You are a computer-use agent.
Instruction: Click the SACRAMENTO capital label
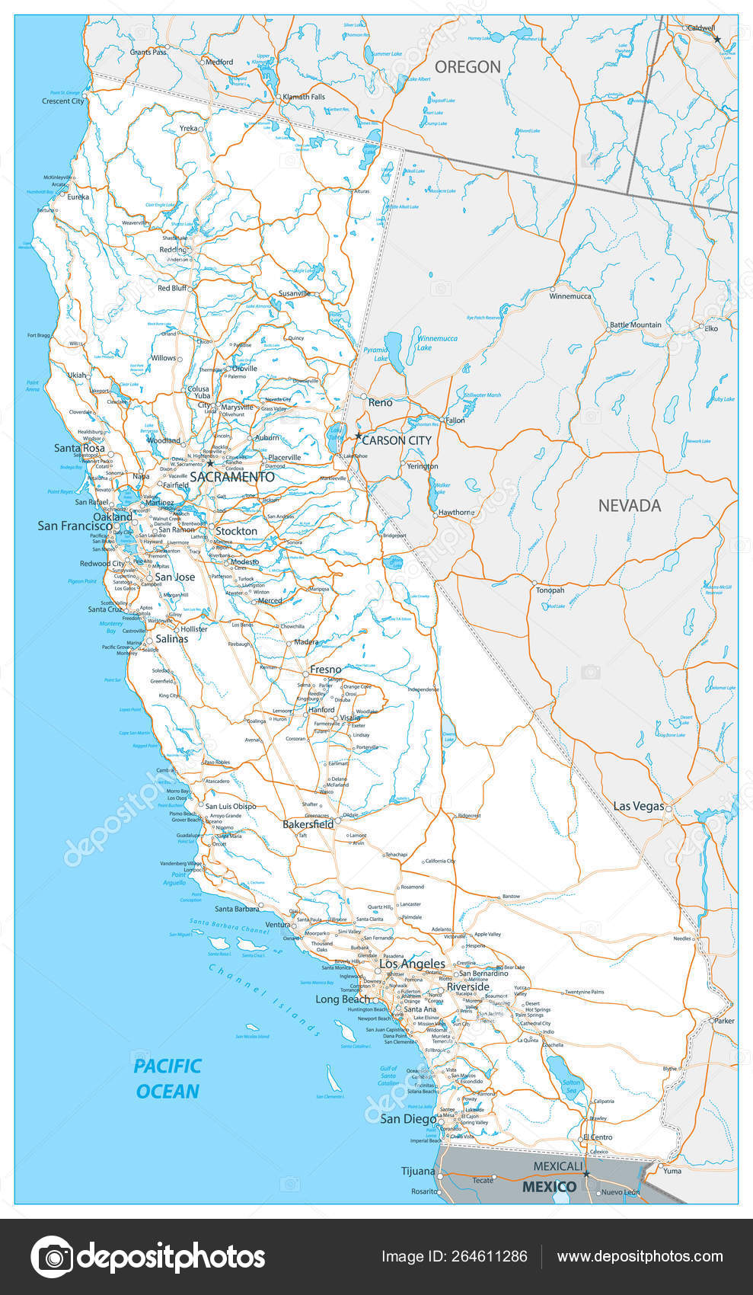(231, 477)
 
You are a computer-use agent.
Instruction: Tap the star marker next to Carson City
(358, 436)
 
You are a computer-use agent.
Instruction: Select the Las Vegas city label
(639, 806)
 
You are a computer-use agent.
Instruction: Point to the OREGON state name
(467, 67)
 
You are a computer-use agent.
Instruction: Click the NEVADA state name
(629, 505)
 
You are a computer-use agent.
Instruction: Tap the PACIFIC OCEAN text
(168, 1078)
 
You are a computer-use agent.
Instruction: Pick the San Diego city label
(408, 1119)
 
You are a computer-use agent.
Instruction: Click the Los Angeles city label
(412, 964)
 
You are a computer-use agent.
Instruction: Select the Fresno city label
(326, 670)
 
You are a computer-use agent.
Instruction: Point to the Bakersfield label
(308, 824)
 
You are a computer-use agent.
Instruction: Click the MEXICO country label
(548, 1187)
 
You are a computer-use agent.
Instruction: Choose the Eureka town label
(78, 197)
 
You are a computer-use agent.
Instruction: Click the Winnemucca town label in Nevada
(570, 296)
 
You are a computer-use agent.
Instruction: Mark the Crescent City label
(62, 101)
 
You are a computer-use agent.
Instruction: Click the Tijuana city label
(418, 1171)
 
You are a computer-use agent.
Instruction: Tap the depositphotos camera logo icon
(52, 1256)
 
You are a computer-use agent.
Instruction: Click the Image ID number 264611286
(493, 1256)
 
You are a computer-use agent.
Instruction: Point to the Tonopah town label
(550, 590)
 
